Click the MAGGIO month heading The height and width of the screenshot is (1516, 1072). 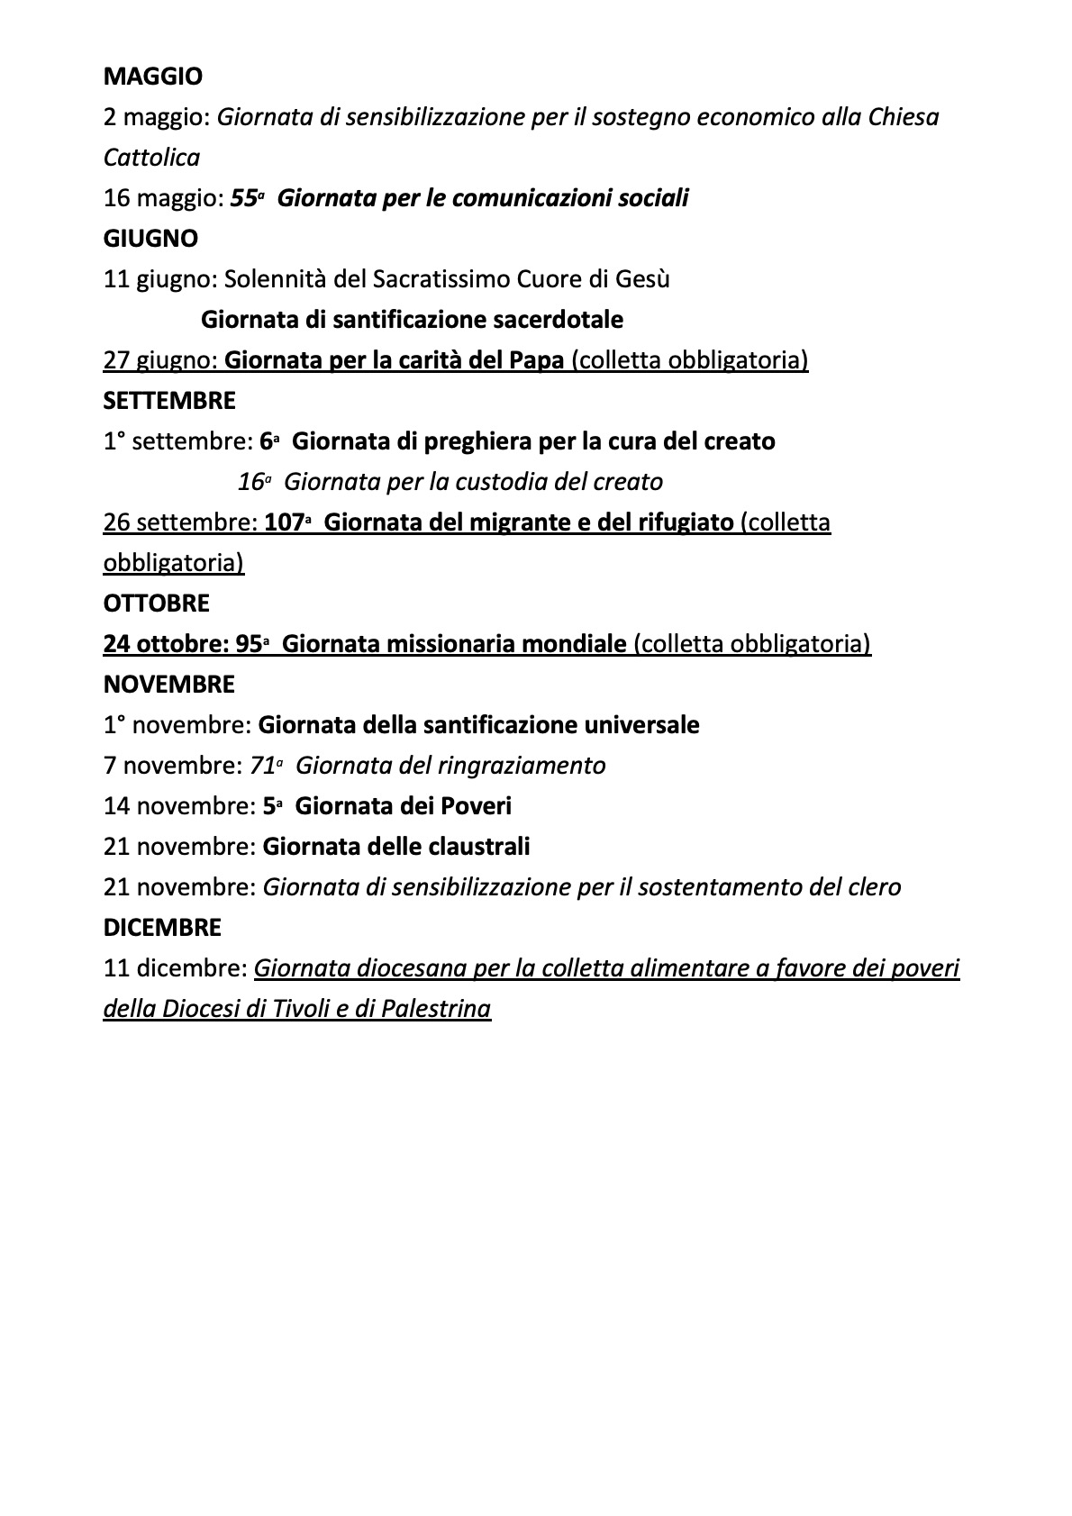153,77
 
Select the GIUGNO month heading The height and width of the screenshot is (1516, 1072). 150,239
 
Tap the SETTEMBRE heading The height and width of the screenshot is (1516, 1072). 169,401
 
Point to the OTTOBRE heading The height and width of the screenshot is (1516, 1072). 157,604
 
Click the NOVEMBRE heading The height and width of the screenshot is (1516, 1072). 169,685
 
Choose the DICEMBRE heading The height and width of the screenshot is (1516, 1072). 162,928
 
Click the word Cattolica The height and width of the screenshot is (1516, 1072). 151,158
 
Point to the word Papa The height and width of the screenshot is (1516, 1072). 537,360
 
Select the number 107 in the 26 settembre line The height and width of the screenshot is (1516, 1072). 283,522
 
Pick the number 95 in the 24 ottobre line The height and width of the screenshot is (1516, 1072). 248,644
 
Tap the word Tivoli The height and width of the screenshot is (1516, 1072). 308,1009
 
